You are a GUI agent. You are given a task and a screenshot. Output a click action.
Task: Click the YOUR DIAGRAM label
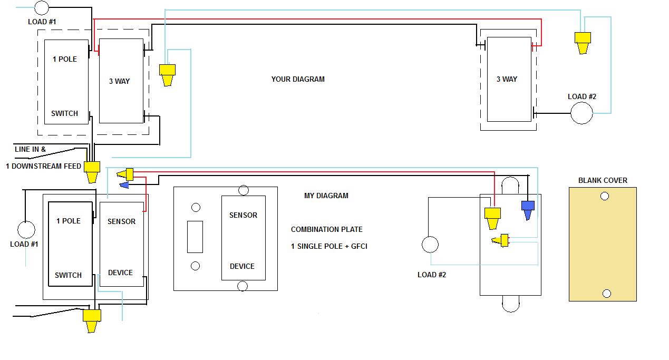point(298,79)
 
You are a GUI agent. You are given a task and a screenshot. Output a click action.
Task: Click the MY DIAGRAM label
point(326,196)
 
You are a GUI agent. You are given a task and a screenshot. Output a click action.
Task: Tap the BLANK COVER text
point(603,180)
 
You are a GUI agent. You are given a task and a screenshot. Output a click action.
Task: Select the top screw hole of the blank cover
point(605,196)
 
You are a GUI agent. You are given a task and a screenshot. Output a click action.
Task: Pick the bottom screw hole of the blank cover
point(606,294)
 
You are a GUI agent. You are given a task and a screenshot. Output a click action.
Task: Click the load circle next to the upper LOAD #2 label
point(582,113)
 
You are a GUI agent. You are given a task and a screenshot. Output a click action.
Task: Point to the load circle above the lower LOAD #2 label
point(430,245)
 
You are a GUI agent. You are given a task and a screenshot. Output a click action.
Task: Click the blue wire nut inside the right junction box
point(527,208)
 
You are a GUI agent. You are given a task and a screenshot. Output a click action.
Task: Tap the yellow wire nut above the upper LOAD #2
point(583,42)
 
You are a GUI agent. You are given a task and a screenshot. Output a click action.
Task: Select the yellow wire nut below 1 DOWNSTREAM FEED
point(92,171)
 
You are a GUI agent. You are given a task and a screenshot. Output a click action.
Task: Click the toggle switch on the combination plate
point(195,237)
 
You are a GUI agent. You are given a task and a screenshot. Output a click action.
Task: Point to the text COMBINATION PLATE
point(326,229)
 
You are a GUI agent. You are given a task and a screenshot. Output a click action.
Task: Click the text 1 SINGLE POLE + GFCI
point(329,246)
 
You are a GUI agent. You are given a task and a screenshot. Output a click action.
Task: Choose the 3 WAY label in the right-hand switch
point(507,79)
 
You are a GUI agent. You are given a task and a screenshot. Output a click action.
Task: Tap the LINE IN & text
point(30,149)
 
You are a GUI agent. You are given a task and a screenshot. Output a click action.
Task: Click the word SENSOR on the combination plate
point(243,215)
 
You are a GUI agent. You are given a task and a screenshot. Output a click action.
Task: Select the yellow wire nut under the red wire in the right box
point(492,217)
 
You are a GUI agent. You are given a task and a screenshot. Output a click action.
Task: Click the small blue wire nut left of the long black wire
point(124,184)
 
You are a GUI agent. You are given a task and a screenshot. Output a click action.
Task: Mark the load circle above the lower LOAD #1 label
point(26,230)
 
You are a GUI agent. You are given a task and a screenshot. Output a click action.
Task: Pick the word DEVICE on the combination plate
point(242,266)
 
